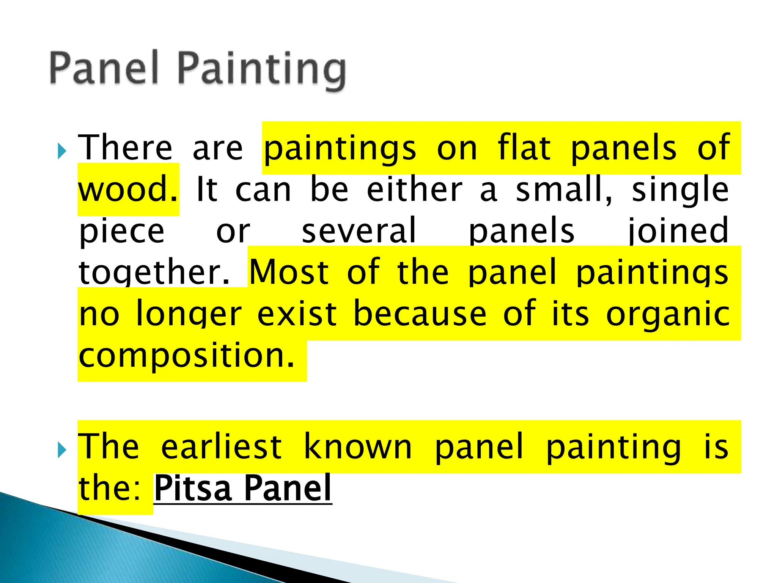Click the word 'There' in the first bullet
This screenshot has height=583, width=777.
click(x=125, y=148)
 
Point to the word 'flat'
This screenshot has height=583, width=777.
click(x=524, y=148)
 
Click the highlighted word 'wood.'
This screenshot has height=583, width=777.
click(x=128, y=189)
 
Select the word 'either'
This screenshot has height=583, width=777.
click(x=414, y=189)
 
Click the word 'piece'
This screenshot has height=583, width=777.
click(x=122, y=231)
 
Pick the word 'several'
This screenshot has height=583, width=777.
click(x=359, y=231)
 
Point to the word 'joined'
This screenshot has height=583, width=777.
click(x=678, y=231)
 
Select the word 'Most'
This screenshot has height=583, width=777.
click(x=289, y=272)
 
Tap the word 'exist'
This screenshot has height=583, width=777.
click(x=297, y=314)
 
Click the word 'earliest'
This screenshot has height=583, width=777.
click(x=221, y=447)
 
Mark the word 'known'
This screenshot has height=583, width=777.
click(x=358, y=447)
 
